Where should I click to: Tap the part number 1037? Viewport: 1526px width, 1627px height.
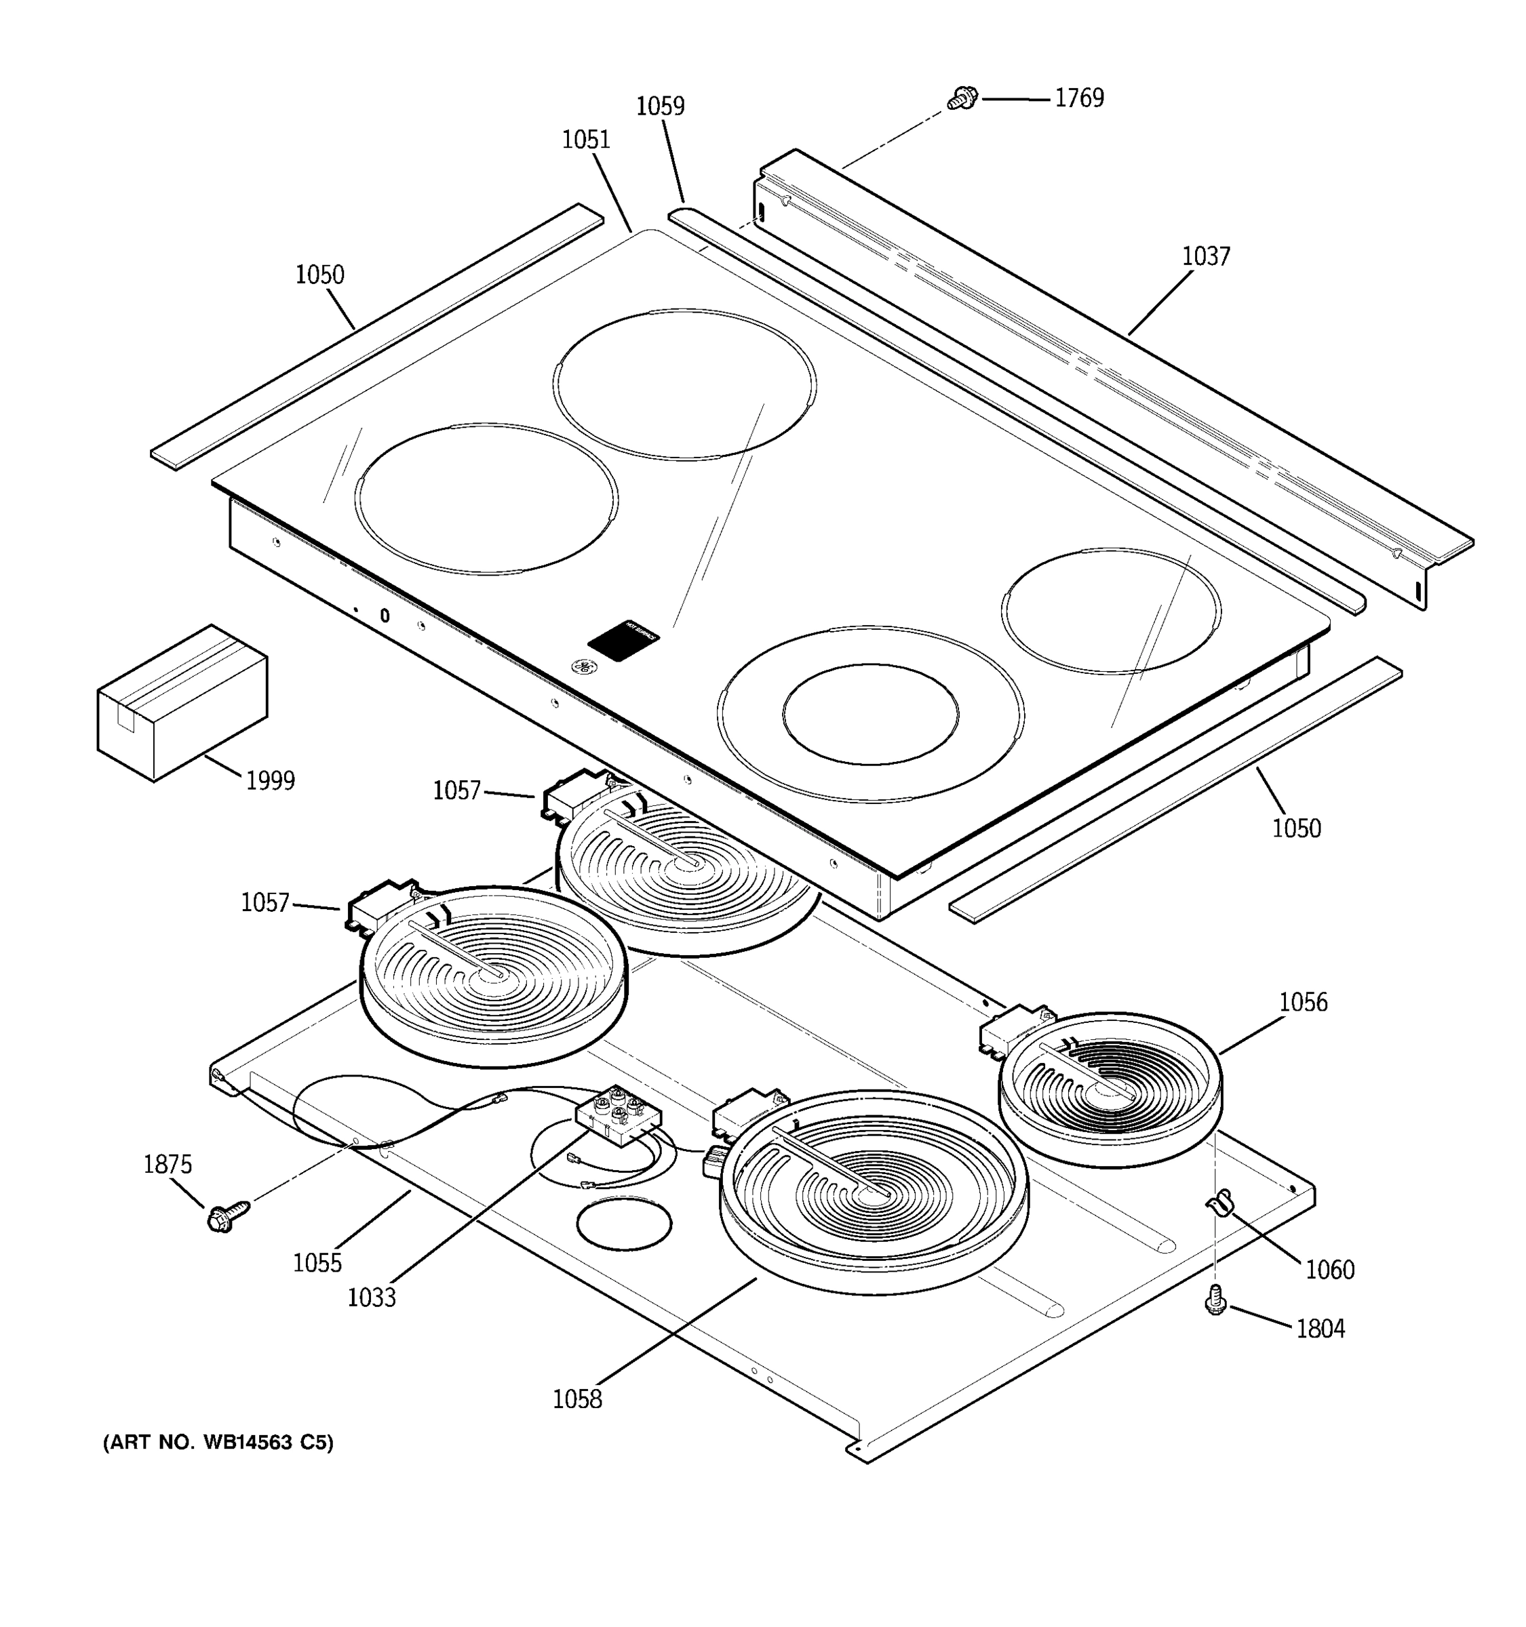pyautogui.click(x=1205, y=257)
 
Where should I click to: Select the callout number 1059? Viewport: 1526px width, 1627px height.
pyautogui.click(x=660, y=106)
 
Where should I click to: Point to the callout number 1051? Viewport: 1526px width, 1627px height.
pyautogui.click(x=585, y=140)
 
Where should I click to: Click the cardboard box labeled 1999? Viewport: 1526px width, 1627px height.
pyautogui.click(x=182, y=703)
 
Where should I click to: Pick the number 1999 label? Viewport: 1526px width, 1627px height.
pyautogui.click(x=270, y=781)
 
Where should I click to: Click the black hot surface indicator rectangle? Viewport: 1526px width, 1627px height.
pyautogui.click(x=623, y=639)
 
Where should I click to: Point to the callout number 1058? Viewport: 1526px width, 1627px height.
pyautogui.click(x=577, y=1399)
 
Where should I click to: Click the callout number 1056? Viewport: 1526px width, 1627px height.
pyautogui.click(x=1304, y=1002)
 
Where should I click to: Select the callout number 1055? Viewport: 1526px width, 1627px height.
pyautogui.click(x=317, y=1263)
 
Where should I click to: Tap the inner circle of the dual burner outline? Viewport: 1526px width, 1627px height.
pyautogui.click(x=869, y=714)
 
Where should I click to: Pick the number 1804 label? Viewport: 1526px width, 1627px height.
pyautogui.click(x=1320, y=1328)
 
